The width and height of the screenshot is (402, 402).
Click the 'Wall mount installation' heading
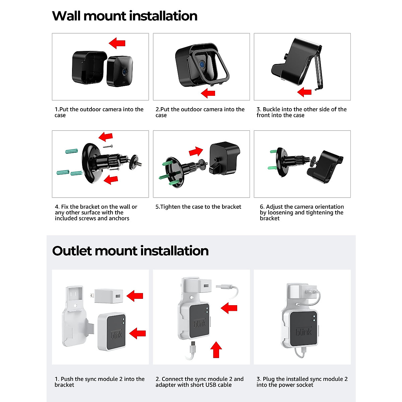[125, 16]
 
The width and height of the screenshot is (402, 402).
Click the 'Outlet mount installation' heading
[130, 251]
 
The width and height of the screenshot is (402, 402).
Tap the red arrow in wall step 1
[117, 43]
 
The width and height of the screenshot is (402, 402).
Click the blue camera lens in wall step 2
[202, 64]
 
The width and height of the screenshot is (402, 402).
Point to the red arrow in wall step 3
[305, 92]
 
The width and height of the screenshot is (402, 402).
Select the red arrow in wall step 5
[196, 151]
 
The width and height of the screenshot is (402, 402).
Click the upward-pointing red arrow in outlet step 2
[216, 350]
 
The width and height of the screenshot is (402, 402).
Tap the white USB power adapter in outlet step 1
[107, 296]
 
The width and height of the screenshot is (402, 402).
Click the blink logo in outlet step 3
[304, 332]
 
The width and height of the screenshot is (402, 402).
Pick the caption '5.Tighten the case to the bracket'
[198, 207]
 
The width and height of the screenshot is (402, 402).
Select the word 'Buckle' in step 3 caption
[271, 109]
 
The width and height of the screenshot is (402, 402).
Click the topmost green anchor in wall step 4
[72, 151]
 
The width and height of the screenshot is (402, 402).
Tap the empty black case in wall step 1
[89, 67]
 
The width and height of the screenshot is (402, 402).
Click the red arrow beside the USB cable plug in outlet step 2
[229, 308]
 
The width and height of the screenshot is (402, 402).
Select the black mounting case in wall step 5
[224, 158]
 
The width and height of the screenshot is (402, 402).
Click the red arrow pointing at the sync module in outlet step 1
[137, 333]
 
